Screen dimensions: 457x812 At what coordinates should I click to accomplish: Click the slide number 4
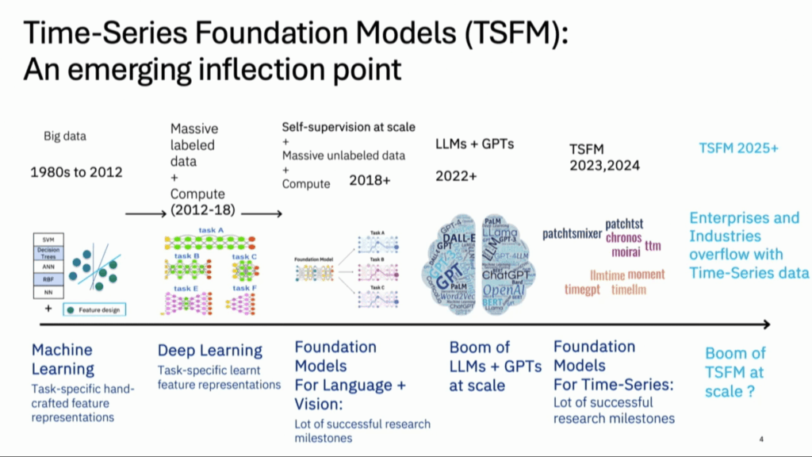point(761,440)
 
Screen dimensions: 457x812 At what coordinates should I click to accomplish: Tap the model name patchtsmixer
point(573,233)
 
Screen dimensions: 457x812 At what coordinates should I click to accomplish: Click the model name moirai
point(626,252)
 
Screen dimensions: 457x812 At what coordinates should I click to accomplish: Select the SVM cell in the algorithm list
point(48,238)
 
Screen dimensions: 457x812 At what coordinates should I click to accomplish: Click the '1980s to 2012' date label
point(76,171)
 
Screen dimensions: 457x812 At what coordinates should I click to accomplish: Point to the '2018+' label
point(370,180)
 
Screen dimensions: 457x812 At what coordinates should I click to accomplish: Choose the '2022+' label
point(456,176)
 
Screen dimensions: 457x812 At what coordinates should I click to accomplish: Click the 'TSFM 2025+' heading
point(738,148)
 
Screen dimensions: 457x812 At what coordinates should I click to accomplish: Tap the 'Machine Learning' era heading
point(63,359)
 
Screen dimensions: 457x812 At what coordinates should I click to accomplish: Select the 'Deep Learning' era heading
point(209,350)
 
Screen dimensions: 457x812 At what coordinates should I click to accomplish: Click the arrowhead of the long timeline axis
point(765,324)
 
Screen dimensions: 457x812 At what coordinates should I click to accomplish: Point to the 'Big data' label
point(64,136)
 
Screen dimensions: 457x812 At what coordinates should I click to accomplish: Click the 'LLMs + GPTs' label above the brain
point(475,144)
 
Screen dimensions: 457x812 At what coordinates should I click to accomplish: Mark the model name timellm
point(628,290)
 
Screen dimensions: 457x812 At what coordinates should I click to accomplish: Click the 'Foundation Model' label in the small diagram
point(312,259)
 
